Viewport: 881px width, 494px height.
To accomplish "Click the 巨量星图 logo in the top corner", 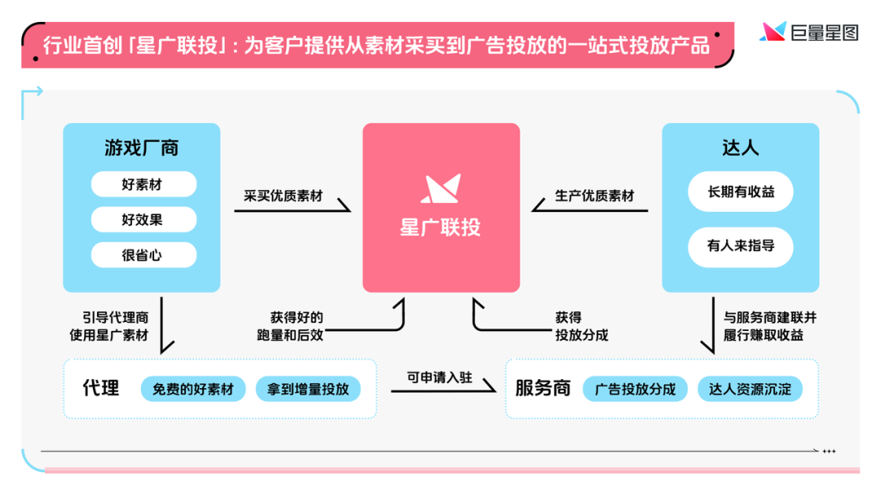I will coord(808,32).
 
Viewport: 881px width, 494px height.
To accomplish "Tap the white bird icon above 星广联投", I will coord(441,188).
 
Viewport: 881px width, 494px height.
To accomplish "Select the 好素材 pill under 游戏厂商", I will coord(143,185).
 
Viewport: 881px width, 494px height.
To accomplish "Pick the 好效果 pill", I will coord(143,219).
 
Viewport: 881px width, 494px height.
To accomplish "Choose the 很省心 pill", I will coord(143,254).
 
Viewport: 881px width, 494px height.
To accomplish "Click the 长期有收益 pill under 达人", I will coord(740,192).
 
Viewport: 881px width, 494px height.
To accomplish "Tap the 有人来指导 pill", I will coord(740,245).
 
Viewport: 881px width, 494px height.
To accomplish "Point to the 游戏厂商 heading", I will coord(141,148).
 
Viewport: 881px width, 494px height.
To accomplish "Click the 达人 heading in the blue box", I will coord(740,148).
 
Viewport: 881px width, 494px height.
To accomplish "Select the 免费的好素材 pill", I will coord(193,389).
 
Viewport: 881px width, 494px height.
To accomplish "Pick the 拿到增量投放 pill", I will coord(308,389).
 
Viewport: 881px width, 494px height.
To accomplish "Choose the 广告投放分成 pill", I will coord(635,389).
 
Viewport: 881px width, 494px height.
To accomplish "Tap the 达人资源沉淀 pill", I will coord(750,389).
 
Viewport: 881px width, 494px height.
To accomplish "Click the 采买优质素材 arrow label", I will coord(283,196).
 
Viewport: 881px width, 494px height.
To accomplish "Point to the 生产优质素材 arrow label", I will coord(595,196).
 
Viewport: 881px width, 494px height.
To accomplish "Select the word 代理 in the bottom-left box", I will coord(101,388).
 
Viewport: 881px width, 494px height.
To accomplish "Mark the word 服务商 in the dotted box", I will coord(542,388).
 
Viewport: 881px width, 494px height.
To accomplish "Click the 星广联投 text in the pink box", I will coord(440,226).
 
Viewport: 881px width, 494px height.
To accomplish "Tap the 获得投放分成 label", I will coord(582,326).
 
